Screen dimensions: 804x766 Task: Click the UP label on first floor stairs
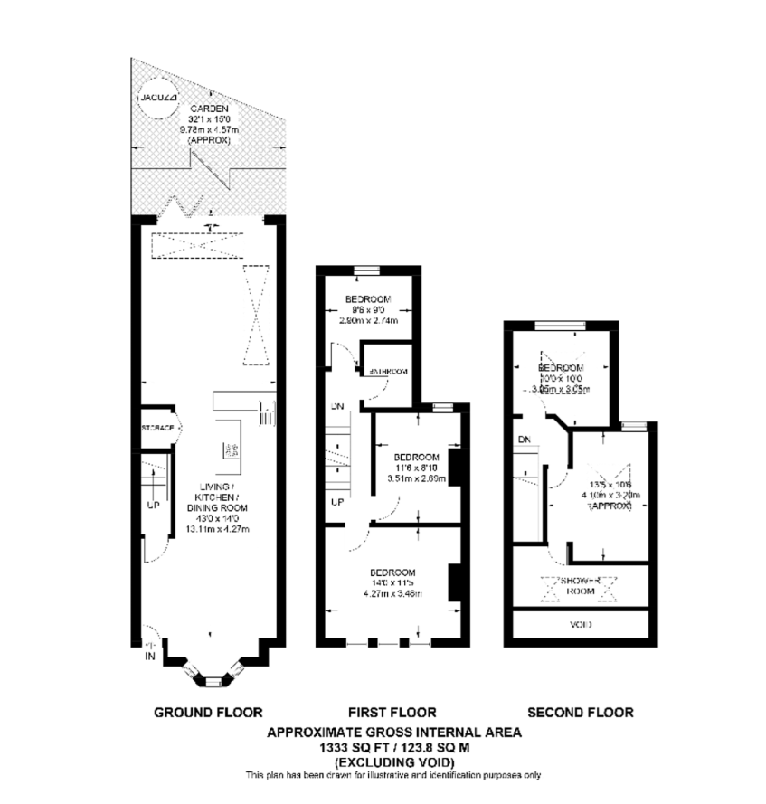click(336, 502)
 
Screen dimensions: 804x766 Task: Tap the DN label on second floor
click(524, 440)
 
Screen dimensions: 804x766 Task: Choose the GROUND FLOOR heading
click(208, 713)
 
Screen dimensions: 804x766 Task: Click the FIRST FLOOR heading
click(392, 713)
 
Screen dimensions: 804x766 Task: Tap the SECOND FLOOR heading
click(581, 713)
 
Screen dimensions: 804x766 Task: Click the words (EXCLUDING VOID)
click(392, 761)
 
